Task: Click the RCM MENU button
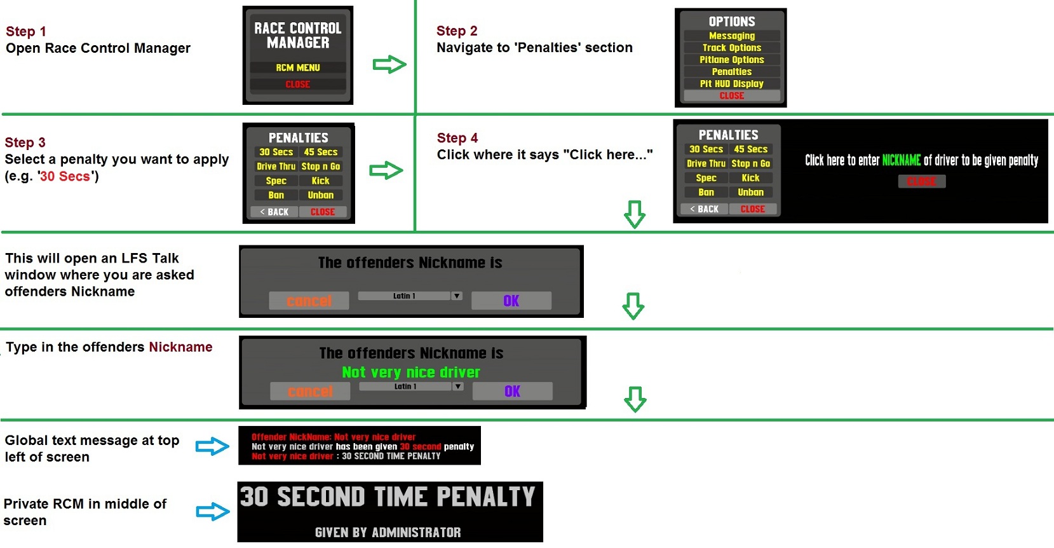pos(298,68)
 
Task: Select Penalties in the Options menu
pos(732,72)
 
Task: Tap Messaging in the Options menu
pos(732,36)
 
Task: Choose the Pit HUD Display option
pos(732,84)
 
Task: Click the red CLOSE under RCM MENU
pos(298,85)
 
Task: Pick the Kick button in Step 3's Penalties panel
pos(320,181)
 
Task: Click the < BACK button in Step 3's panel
pos(274,212)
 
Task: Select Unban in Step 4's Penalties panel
pos(750,192)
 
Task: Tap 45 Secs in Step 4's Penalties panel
pos(750,149)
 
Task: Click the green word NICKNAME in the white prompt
pos(901,161)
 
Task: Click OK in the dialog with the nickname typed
pos(513,391)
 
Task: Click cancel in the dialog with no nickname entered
pos(309,301)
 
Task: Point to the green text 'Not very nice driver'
pos(411,373)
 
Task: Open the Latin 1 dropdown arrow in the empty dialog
pos(456,296)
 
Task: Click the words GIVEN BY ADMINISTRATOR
pos(388,533)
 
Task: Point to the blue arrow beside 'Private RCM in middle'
pos(213,511)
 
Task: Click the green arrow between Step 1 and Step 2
pos(389,64)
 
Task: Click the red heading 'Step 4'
pos(457,138)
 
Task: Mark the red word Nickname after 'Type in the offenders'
pos(180,347)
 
